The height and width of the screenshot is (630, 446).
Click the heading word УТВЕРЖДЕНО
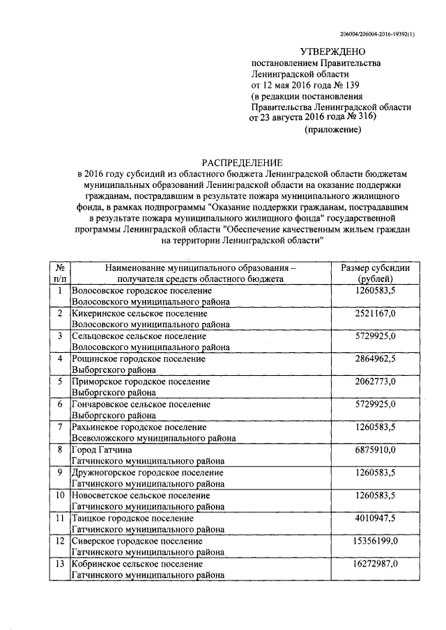[332, 52]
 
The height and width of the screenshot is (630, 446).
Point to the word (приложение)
[333, 130]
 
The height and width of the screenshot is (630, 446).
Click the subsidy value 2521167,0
[375, 314]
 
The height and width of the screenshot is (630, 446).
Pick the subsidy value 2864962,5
[375, 359]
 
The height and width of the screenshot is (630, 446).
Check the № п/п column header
[60, 274]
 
